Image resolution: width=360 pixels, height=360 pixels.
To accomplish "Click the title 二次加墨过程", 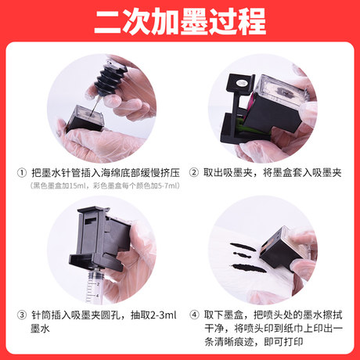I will (x=179, y=20).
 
